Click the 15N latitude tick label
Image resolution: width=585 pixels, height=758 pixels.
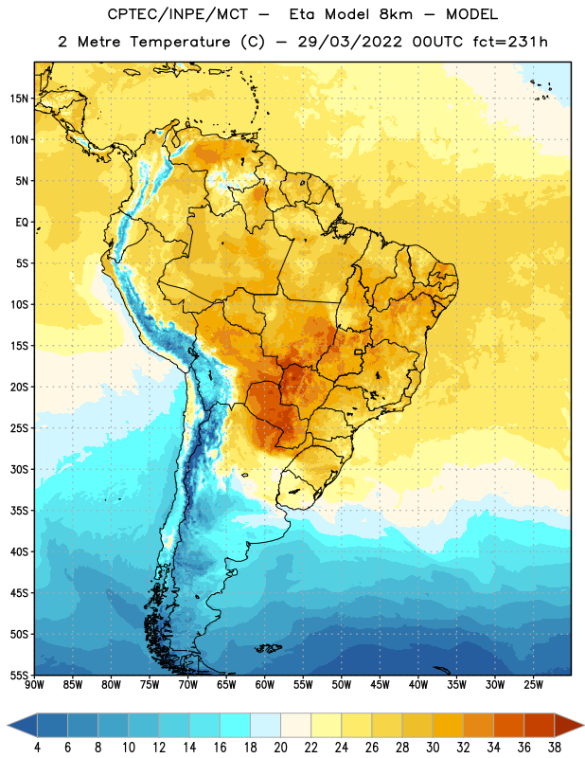pyautogui.click(x=19, y=99)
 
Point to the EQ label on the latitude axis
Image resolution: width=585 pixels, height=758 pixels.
pyautogui.click(x=22, y=223)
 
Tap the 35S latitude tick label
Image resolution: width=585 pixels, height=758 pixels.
pyautogui.click(x=19, y=511)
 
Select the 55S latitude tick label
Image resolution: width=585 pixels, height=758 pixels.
pyautogui.click(x=19, y=675)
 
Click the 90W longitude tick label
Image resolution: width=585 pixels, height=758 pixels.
pyautogui.click(x=34, y=685)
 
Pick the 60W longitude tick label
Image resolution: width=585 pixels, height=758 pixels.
pyautogui.click(x=265, y=685)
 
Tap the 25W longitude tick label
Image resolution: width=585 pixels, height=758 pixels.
pyautogui.click(x=533, y=685)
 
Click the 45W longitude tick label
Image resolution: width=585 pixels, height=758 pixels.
pyautogui.click(x=380, y=685)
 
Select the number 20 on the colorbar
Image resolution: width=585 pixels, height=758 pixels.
pyautogui.click(x=280, y=748)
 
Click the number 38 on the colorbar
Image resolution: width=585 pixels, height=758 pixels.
pyautogui.click(x=554, y=748)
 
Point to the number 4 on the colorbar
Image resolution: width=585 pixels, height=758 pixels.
pyautogui.click(x=37, y=748)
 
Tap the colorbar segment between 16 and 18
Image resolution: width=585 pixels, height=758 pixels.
pyautogui.click(x=235, y=725)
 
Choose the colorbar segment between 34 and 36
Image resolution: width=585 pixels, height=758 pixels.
pyautogui.click(x=508, y=725)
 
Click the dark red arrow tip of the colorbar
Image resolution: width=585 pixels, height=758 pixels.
pyautogui.click(x=582, y=725)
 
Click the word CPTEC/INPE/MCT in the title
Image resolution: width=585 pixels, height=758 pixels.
pyautogui.click(x=178, y=14)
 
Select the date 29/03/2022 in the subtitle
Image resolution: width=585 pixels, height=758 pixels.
pyautogui.click(x=349, y=42)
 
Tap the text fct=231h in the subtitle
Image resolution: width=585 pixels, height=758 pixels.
pyautogui.click(x=510, y=42)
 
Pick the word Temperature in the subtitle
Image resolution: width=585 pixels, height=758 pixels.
pyautogui.click(x=180, y=42)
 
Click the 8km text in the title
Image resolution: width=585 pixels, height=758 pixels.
pyautogui.click(x=396, y=14)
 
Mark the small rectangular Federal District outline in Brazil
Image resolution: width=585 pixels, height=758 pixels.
pyautogui.click(x=359, y=352)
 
